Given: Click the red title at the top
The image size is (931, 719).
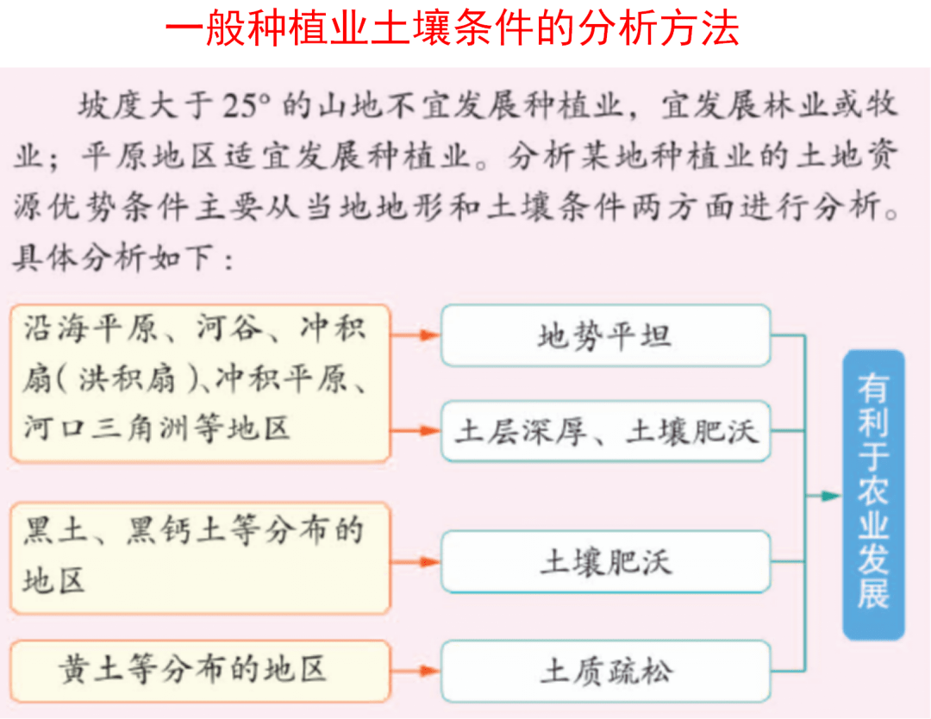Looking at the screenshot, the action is (452, 28).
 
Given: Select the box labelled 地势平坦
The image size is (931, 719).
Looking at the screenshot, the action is (606, 335).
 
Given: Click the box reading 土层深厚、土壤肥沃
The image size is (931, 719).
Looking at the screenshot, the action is (606, 431).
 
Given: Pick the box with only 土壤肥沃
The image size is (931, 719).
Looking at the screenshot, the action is (606, 562).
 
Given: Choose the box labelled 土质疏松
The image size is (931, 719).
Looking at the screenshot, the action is (606, 672).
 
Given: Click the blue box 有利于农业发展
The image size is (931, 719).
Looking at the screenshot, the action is (873, 495).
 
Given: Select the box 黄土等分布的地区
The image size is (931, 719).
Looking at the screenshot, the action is (200, 671).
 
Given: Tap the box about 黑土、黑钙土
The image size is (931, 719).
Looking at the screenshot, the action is (200, 558).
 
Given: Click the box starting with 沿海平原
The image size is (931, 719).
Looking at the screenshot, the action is (200, 384).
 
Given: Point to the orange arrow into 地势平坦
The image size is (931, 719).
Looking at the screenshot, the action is (415, 335).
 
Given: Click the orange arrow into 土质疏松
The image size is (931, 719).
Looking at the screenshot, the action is (415, 672).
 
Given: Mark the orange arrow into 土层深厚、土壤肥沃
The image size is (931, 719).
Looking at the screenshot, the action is (415, 431).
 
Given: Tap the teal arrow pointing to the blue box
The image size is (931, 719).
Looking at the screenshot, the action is (823, 496).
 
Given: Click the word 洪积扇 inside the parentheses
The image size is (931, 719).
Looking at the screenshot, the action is (127, 378).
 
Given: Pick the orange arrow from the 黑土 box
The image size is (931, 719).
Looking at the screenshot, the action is (415, 561).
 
